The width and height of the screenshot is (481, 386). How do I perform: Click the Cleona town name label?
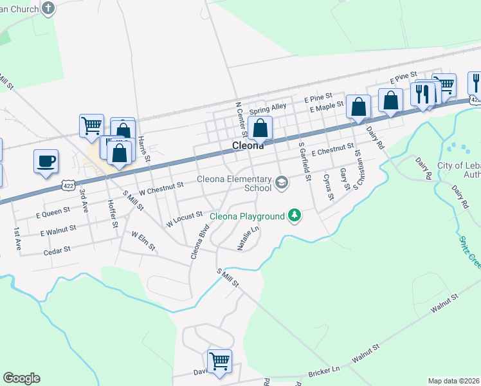pos(248,146)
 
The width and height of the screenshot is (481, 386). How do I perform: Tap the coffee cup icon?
pos(46,161)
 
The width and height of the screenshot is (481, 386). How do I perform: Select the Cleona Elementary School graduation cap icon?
pos(281,183)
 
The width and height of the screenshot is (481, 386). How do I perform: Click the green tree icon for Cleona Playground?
pos(295,215)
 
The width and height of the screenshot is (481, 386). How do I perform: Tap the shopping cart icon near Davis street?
pos(219,361)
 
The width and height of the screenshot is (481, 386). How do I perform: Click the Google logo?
pos(21,378)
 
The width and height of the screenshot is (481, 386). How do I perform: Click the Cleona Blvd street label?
pos(200,241)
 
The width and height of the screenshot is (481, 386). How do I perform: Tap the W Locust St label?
pos(185,219)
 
